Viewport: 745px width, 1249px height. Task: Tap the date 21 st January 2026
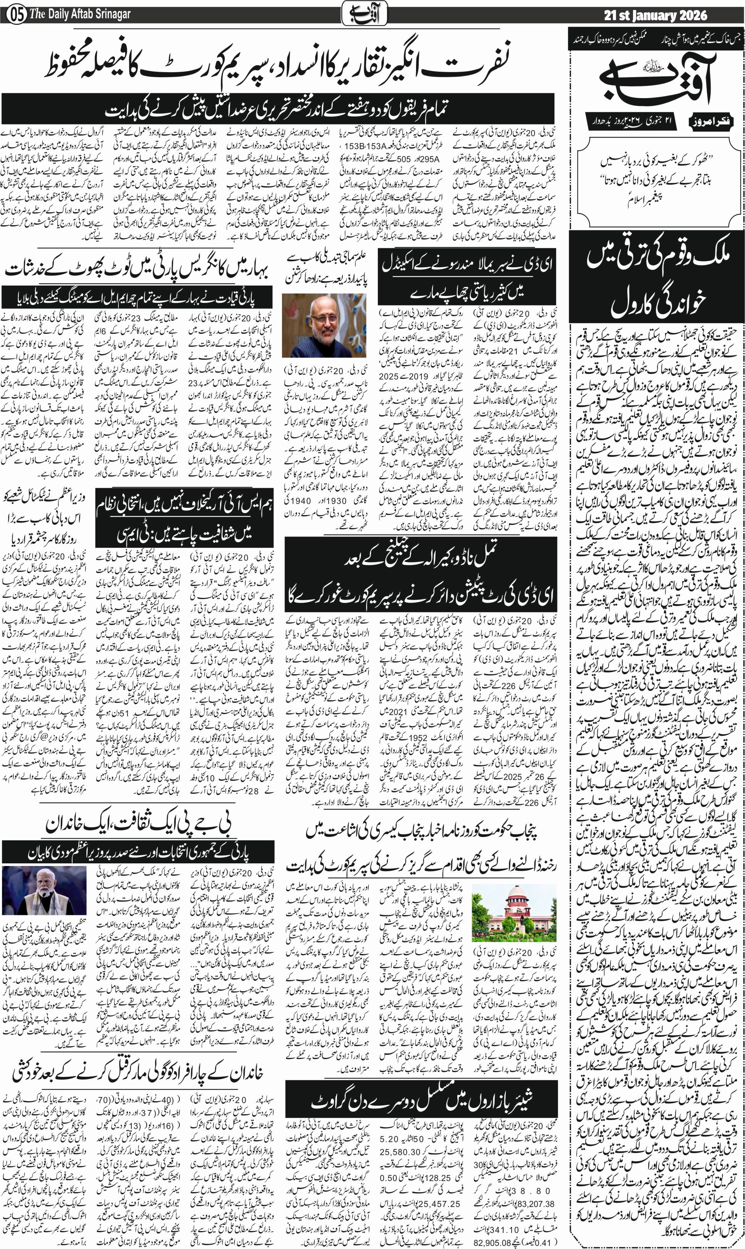point(655,16)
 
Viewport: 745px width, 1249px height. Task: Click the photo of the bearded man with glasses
point(324,325)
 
